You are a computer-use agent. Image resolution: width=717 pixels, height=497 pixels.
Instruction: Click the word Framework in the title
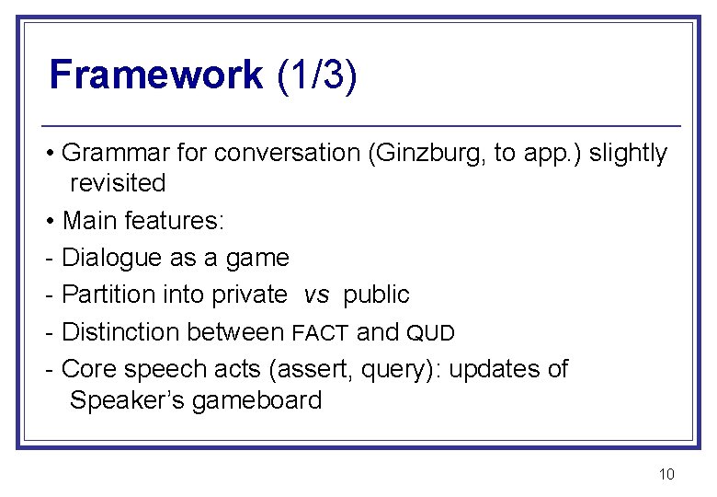click(x=155, y=75)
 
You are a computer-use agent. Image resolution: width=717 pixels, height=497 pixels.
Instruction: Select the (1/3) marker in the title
click(x=316, y=75)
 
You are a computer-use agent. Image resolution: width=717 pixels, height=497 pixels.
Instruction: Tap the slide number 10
click(x=666, y=474)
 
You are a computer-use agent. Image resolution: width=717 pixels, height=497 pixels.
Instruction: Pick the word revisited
click(x=118, y=183)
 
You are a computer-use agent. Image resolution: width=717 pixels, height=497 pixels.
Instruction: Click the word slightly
click(x=628, y=153)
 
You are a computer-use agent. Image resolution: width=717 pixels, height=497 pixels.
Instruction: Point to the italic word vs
click(x=316, y=295)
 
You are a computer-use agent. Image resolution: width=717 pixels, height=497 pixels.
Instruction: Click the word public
click(x=376, y=295)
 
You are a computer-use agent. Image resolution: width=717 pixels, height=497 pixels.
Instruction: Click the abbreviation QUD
click(x=430, y=332)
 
